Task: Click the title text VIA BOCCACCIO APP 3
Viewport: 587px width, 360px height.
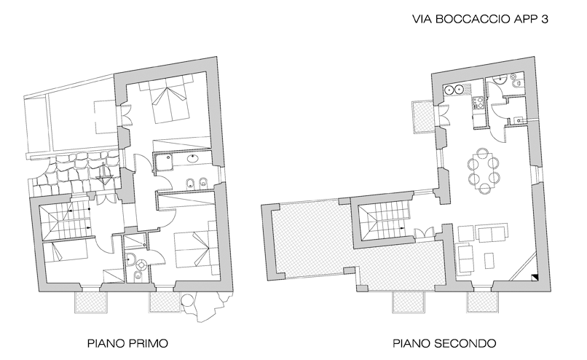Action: click(481, 19)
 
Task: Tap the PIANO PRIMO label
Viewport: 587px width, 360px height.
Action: click(127, 343)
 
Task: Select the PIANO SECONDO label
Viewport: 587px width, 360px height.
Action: click(444, 343)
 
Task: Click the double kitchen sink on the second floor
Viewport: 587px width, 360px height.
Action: click(453, 90)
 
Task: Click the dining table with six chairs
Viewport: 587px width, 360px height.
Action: click(484, 171)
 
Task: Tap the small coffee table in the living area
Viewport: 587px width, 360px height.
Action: click(489, 261)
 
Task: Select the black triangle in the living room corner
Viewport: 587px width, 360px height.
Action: click(535, 278)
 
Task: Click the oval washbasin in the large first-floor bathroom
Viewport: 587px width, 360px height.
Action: click(193, 158)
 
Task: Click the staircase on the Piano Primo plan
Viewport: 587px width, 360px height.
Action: click(66, 220)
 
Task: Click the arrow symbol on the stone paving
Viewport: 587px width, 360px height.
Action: click(104, 174)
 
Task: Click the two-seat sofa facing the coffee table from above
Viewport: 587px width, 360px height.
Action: click(492, 232)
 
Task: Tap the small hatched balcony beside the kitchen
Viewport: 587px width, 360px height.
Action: click(423, 117)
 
